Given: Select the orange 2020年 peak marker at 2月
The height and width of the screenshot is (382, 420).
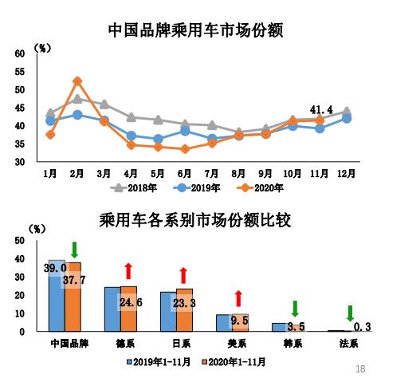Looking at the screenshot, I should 77,81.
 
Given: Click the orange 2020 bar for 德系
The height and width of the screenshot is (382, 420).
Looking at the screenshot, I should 128,309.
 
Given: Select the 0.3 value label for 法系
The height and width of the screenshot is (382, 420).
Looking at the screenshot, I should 362,327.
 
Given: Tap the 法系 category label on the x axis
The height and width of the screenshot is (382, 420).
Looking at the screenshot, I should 350,344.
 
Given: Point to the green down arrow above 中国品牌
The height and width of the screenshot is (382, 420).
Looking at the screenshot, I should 74,249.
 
